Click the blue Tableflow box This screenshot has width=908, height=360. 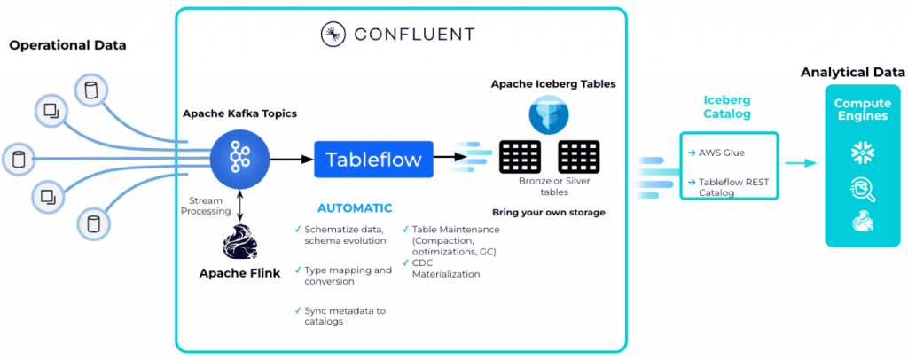pos(373,160)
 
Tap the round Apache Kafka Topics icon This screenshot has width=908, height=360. pos(239,160)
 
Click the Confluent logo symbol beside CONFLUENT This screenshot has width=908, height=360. pos(333,35)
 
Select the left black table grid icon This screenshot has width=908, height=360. pos(520,157)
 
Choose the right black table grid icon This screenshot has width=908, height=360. pos(579,157)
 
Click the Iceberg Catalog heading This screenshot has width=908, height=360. pos(726,107)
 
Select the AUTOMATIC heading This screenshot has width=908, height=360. pos(354,208)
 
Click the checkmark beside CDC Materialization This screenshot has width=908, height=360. pos(405,263)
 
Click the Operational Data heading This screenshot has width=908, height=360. pos(68,45)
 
